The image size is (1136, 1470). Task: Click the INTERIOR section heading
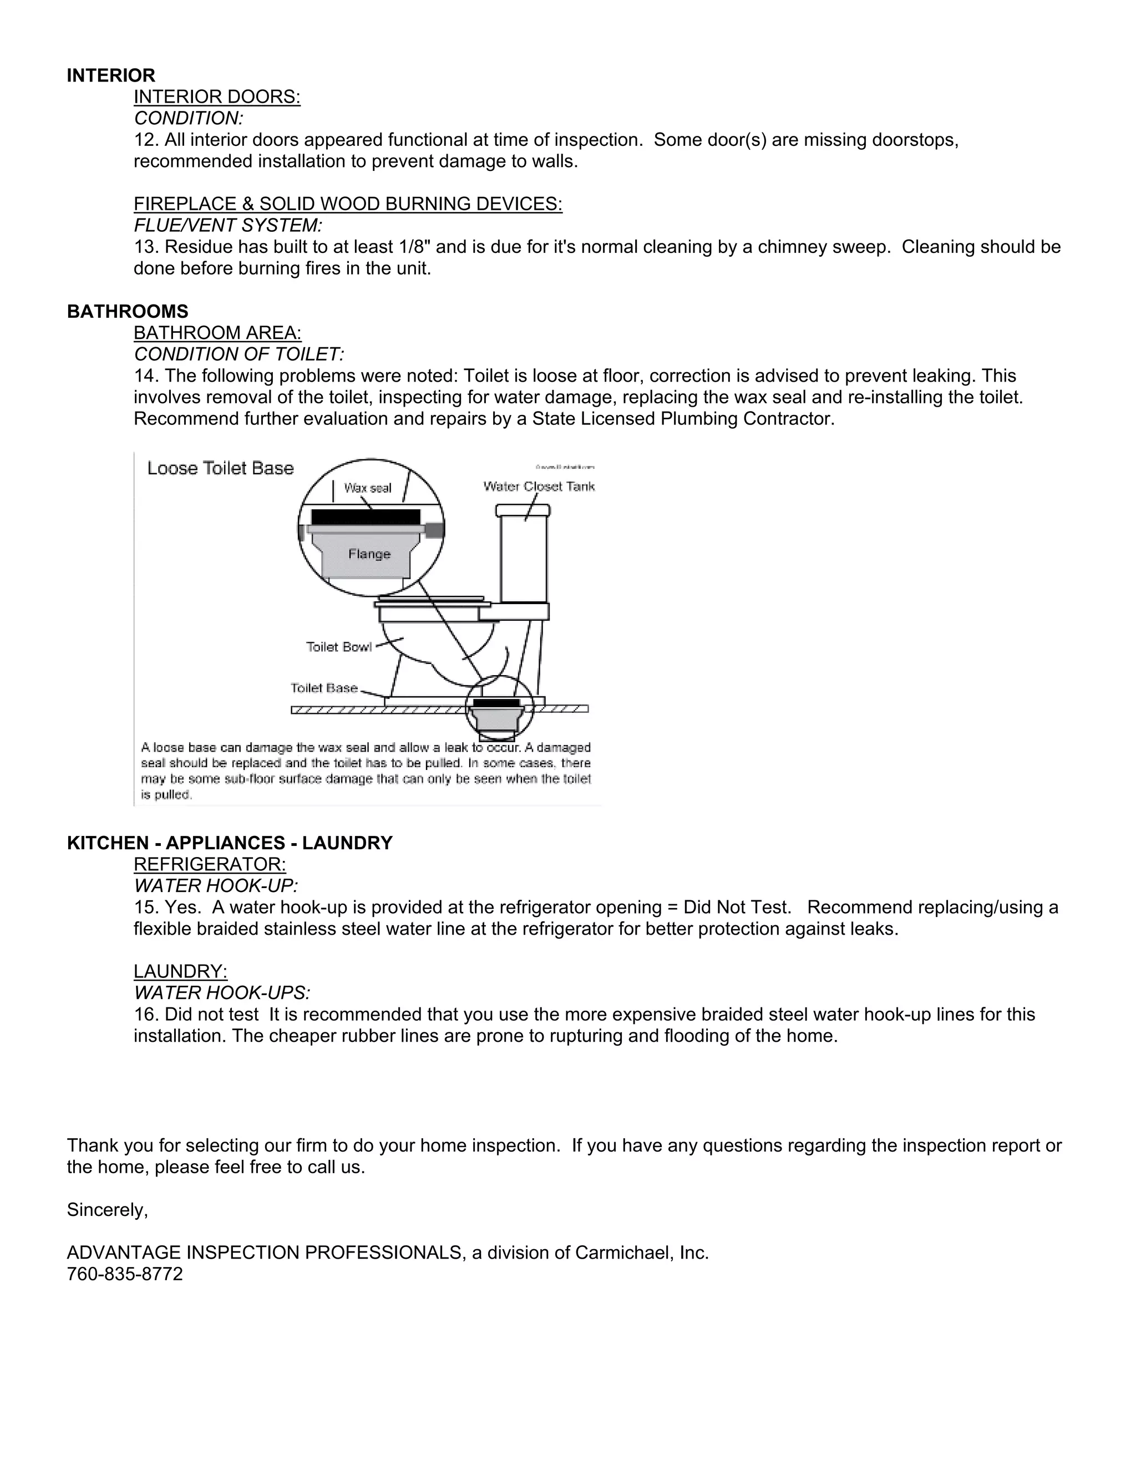point(111,75)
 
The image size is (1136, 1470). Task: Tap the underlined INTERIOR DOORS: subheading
point(217,97)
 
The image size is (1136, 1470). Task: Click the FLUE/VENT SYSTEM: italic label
point(228,225)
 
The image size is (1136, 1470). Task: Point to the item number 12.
point(146,140)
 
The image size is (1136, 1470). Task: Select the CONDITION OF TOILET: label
point(239,354)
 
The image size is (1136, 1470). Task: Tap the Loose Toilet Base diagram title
point(220,469)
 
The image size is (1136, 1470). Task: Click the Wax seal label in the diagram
point(367,488)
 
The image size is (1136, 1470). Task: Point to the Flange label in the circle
point(369,554)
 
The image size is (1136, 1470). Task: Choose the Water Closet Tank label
point(539,486)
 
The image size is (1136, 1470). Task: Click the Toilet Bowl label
point(338,647)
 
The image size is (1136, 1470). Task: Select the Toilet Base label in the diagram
point(324,688)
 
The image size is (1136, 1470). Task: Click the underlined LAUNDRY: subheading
point(180,971)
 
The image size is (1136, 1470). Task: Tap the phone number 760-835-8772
point(124,1274)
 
